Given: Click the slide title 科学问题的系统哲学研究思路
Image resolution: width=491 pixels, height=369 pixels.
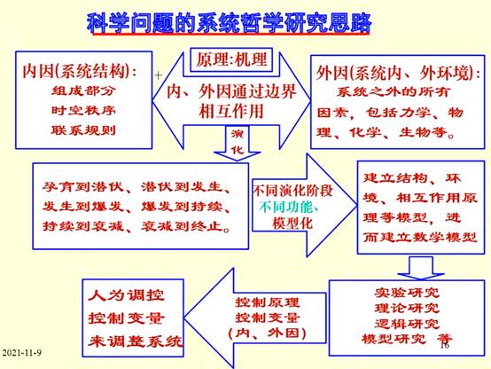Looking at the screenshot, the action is tap(229, 24).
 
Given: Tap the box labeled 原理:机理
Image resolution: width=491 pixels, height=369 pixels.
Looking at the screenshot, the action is tap(231, 59).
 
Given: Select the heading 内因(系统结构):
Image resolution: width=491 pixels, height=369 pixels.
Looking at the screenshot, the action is tap(80, 72).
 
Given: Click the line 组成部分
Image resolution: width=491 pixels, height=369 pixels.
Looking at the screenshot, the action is tap(83, 91).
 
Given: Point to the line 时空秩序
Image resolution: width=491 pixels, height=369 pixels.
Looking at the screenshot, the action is tap(83, 110).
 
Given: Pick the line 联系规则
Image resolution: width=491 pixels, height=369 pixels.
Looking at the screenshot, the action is tap(83, 130).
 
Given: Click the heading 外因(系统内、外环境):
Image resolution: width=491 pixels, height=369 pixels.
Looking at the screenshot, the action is tap(398, 73).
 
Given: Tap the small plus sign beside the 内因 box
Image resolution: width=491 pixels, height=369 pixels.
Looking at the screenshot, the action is tap(158, 75).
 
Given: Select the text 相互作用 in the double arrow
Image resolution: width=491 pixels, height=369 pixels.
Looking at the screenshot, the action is tap(231, 111).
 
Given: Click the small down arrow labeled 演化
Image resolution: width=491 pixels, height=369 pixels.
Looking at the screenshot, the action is tap(237, 143).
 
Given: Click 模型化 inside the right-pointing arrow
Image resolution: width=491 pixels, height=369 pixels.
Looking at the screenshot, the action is tap(292, 224).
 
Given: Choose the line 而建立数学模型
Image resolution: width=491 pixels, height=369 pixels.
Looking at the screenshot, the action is tap(420, 238).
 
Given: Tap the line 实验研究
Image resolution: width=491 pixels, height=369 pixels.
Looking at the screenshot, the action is tap(407, 293).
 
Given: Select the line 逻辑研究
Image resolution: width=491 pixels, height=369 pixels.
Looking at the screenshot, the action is tap(407, 324).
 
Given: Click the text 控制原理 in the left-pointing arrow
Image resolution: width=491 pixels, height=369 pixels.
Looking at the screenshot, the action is tap(268, 302).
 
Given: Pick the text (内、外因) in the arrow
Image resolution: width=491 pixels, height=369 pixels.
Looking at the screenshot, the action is tap(268, 334).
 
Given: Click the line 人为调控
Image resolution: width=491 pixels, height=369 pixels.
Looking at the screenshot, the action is tap(126, 295).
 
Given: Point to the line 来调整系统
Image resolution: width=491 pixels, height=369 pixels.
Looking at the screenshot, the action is tap(136, 342).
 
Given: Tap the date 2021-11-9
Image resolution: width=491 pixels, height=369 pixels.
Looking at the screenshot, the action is tap(22, 353).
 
